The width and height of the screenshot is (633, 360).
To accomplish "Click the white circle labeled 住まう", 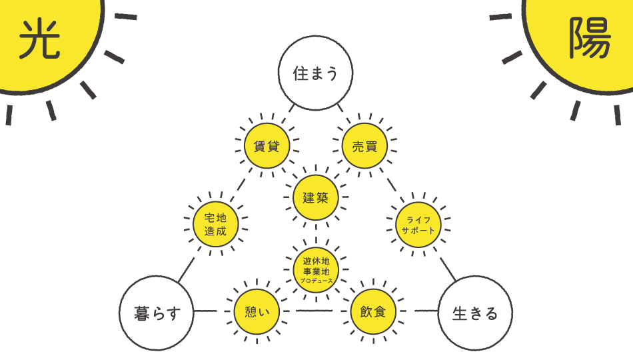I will (315, 73).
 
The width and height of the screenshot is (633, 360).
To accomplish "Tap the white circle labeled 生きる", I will (474, 313).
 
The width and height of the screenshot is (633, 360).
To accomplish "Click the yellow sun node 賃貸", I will (267, 147).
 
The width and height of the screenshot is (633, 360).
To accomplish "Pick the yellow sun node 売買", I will (364, 147).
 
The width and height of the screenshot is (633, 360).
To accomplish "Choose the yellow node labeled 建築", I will (316, 197).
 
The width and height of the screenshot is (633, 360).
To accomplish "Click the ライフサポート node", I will (418, 223).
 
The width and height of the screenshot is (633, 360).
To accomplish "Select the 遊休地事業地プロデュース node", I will (316, 268).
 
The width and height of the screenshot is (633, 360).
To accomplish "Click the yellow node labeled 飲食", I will (373, 311).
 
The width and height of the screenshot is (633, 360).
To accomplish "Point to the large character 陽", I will (589, 38).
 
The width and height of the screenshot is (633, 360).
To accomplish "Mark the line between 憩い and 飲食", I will (314, 311).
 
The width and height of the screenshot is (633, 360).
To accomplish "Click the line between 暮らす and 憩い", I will (206, 311).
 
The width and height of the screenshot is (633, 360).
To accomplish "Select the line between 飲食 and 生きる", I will (424, 311).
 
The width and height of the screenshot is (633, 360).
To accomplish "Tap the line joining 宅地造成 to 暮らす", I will (187, 269).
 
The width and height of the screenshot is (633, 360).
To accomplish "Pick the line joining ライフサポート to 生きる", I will (447, 269).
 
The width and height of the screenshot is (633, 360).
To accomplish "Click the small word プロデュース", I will (316, 281).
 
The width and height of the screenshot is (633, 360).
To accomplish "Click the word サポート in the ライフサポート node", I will (418, 230).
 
